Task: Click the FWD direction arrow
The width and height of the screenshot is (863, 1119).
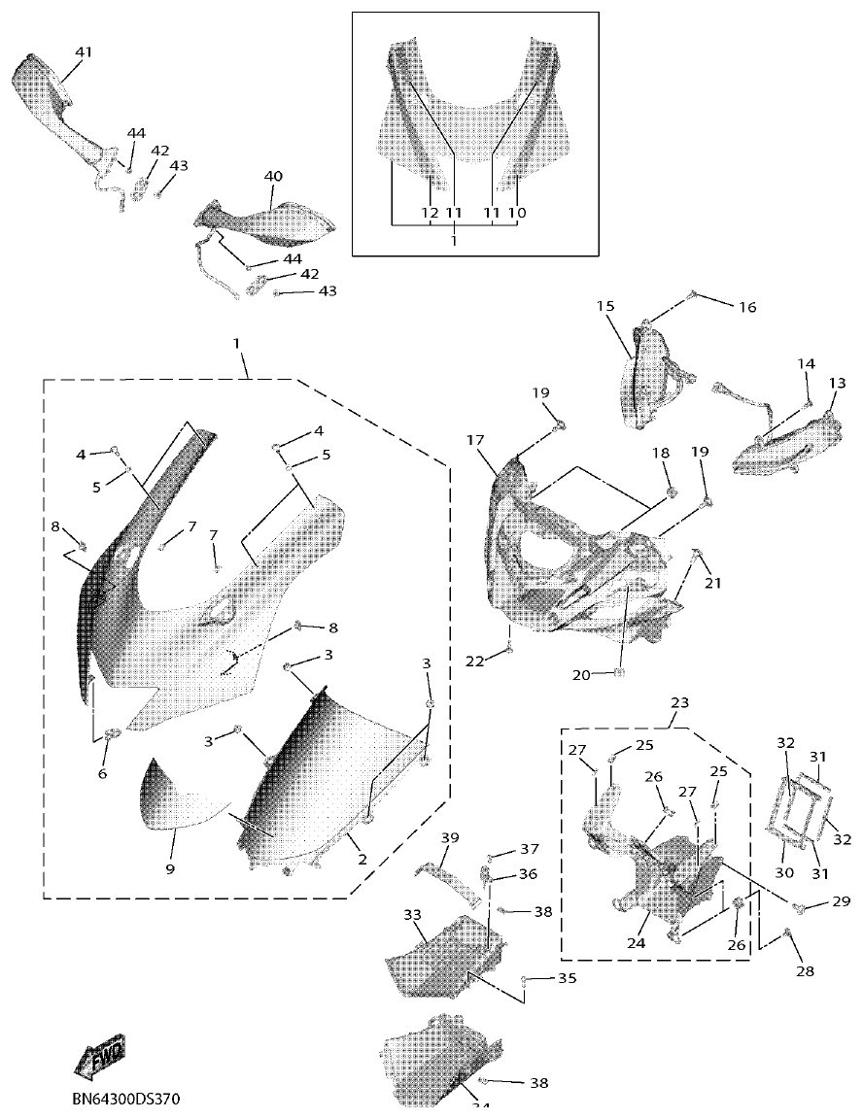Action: (x=99, y=1056)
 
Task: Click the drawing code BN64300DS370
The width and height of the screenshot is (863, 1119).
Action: (x=126, y=1100)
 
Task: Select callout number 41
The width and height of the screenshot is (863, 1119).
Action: (x=84, y=51)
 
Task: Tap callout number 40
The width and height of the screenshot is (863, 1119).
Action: (x=273, y=176)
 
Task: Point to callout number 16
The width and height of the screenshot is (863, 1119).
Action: (x=746, y=307)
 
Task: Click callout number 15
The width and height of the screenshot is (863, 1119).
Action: (x=605, y=306)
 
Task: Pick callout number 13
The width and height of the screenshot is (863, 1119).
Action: (x=837, y=384)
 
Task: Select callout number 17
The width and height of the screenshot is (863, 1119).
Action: (x=475, y=440)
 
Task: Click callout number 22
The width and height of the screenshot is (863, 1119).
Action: (x=473, y=661)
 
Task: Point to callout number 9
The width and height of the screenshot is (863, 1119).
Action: (x=169, y=868)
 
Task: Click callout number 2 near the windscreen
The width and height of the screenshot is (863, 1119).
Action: (x=362, y=859)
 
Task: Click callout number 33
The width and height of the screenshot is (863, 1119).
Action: (x=412, y=915)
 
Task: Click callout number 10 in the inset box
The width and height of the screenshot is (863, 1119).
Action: (x=517, y=212)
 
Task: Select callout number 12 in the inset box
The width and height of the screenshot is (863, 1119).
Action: (x=430, y=212)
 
